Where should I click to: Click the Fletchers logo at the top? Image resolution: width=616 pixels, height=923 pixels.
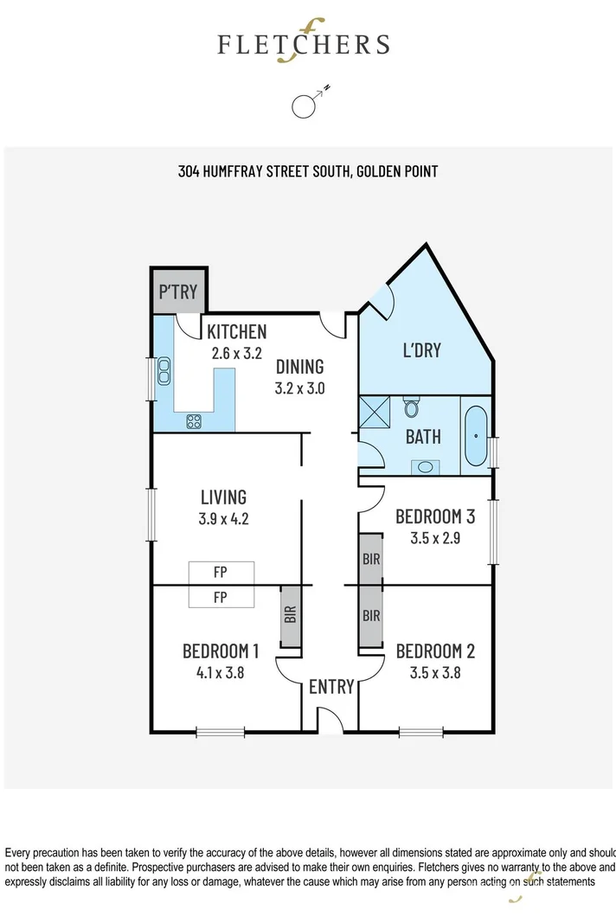(304, 43)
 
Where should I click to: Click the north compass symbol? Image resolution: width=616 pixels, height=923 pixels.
(304, 105)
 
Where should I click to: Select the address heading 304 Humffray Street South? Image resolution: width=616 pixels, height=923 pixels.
(307, 171)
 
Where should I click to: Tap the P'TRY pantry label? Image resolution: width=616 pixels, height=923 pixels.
(178, 292)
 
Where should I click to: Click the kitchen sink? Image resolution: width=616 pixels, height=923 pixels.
(163, 372)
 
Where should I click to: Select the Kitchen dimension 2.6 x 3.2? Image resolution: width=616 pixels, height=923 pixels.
(236, 353)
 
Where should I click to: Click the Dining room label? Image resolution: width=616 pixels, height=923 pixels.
(299, 366)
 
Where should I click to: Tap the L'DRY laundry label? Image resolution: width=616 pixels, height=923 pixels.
(421, 349)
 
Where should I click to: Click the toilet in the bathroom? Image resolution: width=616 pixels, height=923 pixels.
(413, 404)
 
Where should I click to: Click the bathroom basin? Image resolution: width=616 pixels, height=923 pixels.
(424, 467)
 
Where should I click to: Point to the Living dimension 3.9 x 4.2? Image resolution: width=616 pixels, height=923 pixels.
(223, 519)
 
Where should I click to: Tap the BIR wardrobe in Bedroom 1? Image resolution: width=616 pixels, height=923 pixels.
(291, 615)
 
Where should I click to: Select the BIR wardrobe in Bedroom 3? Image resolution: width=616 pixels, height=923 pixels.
(371, 559)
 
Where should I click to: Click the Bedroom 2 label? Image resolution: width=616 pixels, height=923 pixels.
(434, 651)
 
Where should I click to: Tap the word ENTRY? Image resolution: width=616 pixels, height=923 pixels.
(331, 687)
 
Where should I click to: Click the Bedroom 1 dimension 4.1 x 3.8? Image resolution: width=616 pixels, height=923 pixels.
(221, 672)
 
